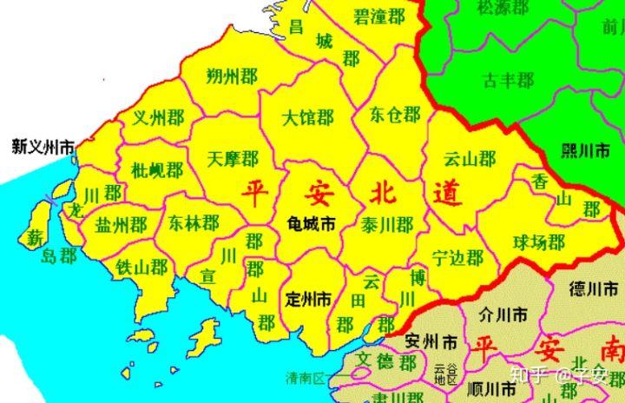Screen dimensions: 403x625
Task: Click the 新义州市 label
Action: pyautogui.click(x=41, y=147)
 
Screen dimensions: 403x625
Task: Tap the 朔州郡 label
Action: pyautogui.click(x=232, y=77)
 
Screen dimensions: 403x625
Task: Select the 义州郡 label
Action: pyautogui.click(x=158, y=117)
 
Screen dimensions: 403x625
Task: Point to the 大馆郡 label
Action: pyautogui.click(x=308, y=116)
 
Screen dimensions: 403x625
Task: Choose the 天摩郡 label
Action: pyautogui.click(x=234, y=158)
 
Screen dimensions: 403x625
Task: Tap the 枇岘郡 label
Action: pyautogui.click(x=157, y=168)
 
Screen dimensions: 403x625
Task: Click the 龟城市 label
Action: pyautogui.click(x=311, y=223)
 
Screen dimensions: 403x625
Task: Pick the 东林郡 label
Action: pyautogui.click(x=194, y=223)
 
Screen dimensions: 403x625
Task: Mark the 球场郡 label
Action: pyautogui.click(x=538, y=241)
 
